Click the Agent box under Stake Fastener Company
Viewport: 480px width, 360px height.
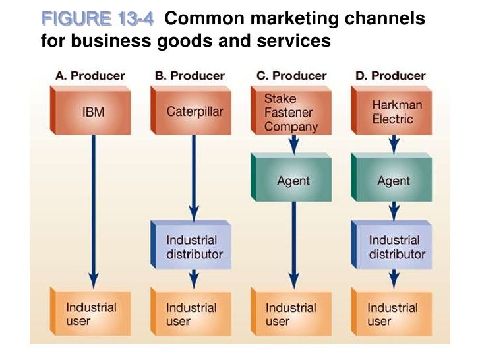[293, 179]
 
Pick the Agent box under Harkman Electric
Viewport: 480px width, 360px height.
[393, 179]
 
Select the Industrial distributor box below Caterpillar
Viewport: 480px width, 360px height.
[193, 247]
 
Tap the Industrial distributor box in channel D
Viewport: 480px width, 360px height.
[394, 247]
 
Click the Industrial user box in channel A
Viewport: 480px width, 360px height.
[92, 314]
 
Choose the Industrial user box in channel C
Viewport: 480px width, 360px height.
[292, 314]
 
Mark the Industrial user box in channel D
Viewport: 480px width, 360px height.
[393, 314]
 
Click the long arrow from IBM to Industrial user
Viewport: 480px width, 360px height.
[94, 211]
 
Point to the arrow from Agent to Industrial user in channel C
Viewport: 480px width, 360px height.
[294, 244]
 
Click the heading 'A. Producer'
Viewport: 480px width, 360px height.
[90, 76]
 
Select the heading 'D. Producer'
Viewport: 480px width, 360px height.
[391, 76]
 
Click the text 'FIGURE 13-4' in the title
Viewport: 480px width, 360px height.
[97, 20]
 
